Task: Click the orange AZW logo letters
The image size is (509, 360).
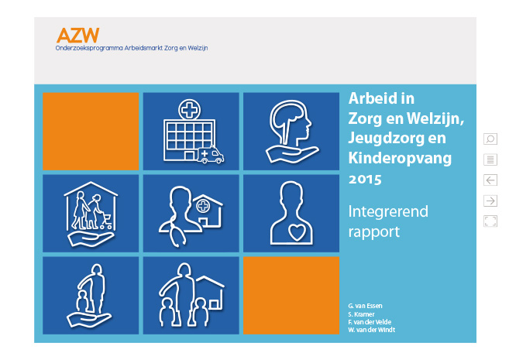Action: (x=77, y=36)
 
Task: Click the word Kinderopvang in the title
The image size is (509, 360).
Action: (x=400, y=159)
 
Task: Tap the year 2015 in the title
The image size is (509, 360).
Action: (x=365, y=180)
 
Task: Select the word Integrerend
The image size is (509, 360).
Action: (x=388, y=212)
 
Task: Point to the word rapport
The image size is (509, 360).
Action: (x=374, y=232)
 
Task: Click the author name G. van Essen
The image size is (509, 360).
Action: (x=365, y=306)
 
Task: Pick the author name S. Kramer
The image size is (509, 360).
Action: (x=361, y=314)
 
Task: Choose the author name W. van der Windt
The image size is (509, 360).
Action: (x=372, y=330)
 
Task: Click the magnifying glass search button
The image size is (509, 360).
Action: (x=490, y=139)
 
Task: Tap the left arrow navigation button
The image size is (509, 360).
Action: (x=490, y=180)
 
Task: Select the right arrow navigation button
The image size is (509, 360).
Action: (x=490, y=201)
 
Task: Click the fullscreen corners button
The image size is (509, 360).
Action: (x=490, y=221)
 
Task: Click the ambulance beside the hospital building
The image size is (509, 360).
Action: (x=211, y=154)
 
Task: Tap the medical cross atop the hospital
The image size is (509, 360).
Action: (x=189, y=110)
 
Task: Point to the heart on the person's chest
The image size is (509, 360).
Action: (x=297, y=232)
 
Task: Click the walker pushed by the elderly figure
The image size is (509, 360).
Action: (x=105, y=221)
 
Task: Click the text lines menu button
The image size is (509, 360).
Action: (x=490, y=159)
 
